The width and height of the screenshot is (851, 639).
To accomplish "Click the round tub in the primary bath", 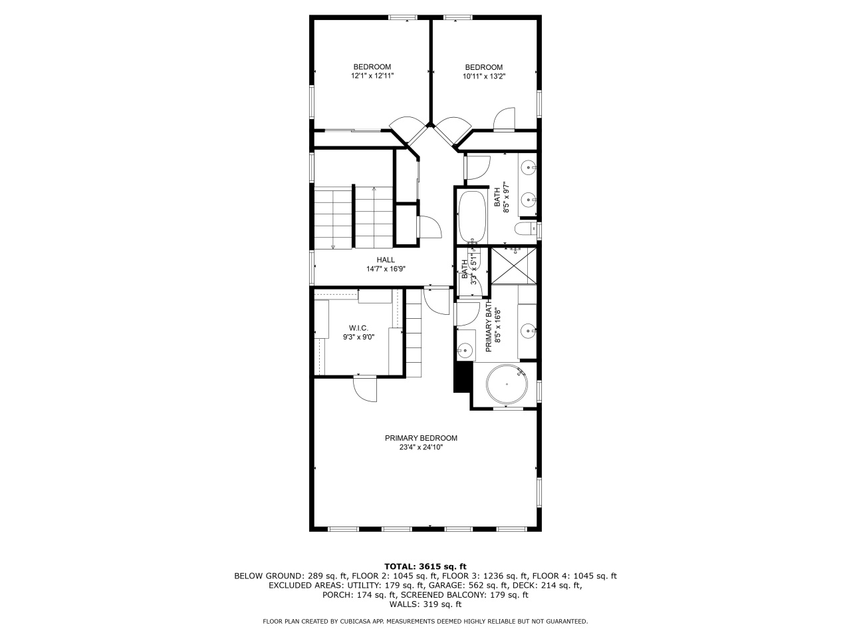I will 507,384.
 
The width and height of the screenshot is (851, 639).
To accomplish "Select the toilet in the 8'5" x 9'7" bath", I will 525,230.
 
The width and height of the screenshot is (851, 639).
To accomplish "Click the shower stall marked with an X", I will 513,264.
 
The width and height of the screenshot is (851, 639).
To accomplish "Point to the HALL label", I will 386,260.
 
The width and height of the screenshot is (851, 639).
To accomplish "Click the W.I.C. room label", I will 358,328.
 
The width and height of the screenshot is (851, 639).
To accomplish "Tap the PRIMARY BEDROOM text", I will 421,438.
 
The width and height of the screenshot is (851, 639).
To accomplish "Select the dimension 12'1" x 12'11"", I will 372,77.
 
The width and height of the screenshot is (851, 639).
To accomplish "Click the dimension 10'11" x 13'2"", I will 484,77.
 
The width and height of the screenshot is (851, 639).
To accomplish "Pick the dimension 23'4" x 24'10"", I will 421,448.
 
